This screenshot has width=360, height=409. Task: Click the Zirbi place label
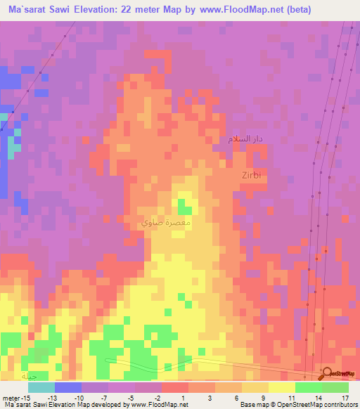(x=251, y=174)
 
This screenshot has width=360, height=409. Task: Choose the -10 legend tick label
(x=79, y=398)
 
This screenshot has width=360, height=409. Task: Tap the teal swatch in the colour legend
(x=41, y=387)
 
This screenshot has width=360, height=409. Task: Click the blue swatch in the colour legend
(x=67, y=387)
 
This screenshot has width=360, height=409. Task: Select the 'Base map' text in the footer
(x=252, y=405)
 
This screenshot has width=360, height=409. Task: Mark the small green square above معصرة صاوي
(x=185, y=206)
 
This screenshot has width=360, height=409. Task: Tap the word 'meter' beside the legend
(x=10, y=398)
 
